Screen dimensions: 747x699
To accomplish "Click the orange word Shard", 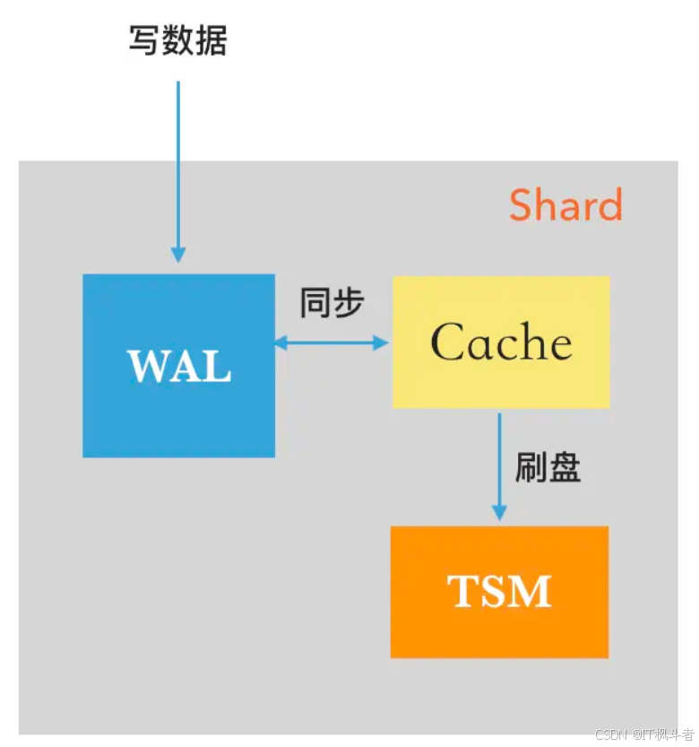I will tap(565, 205).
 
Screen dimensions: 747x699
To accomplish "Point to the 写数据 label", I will tap(177, 40).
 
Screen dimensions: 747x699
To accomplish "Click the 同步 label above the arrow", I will tap(332, 303).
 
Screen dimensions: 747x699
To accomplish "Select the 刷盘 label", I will tap(548, 466).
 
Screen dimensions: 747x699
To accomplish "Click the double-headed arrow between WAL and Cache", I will tap(332, 342).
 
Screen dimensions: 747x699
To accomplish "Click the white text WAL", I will tap(179, 366).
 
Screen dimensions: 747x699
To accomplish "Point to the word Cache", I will tap(501, 343).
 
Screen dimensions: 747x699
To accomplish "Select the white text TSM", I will tap(499, 591).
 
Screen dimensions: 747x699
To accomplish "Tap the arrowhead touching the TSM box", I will tap(499, 513).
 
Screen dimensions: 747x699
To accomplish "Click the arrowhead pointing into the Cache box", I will tap(382, 342).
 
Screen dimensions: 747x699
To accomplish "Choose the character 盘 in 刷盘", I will tap(564, 466).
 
